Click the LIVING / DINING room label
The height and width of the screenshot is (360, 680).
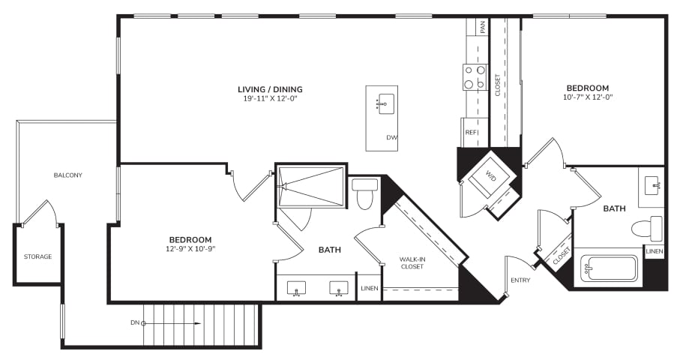click(270, 89)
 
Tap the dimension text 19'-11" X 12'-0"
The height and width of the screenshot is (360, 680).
click(270, 99)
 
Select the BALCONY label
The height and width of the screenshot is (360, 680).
click(68, 175)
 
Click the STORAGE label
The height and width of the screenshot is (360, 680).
click(37, 256)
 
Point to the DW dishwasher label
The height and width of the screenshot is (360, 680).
click(391, 137)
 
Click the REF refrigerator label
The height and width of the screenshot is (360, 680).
click(471, 132)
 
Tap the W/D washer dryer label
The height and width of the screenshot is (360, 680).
click(490, 175)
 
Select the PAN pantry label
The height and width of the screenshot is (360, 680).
click(483, 27)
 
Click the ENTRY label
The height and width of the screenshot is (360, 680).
click(520, 280)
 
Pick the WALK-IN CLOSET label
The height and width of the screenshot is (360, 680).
click(412, 262)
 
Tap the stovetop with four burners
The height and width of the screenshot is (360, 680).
click(475, 77)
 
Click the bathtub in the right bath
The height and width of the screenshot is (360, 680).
click(608, 268)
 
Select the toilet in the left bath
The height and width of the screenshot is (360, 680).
click(364, 194)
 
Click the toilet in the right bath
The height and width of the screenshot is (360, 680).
click(647, 229)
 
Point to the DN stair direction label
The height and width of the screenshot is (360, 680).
click(135, 322)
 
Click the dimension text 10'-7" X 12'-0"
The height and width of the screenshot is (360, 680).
click(588, 97)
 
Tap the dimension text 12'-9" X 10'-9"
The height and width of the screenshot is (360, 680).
click(190, 249)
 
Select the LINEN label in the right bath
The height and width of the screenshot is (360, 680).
click(654, 251)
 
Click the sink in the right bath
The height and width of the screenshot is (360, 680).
click(653, 185)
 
